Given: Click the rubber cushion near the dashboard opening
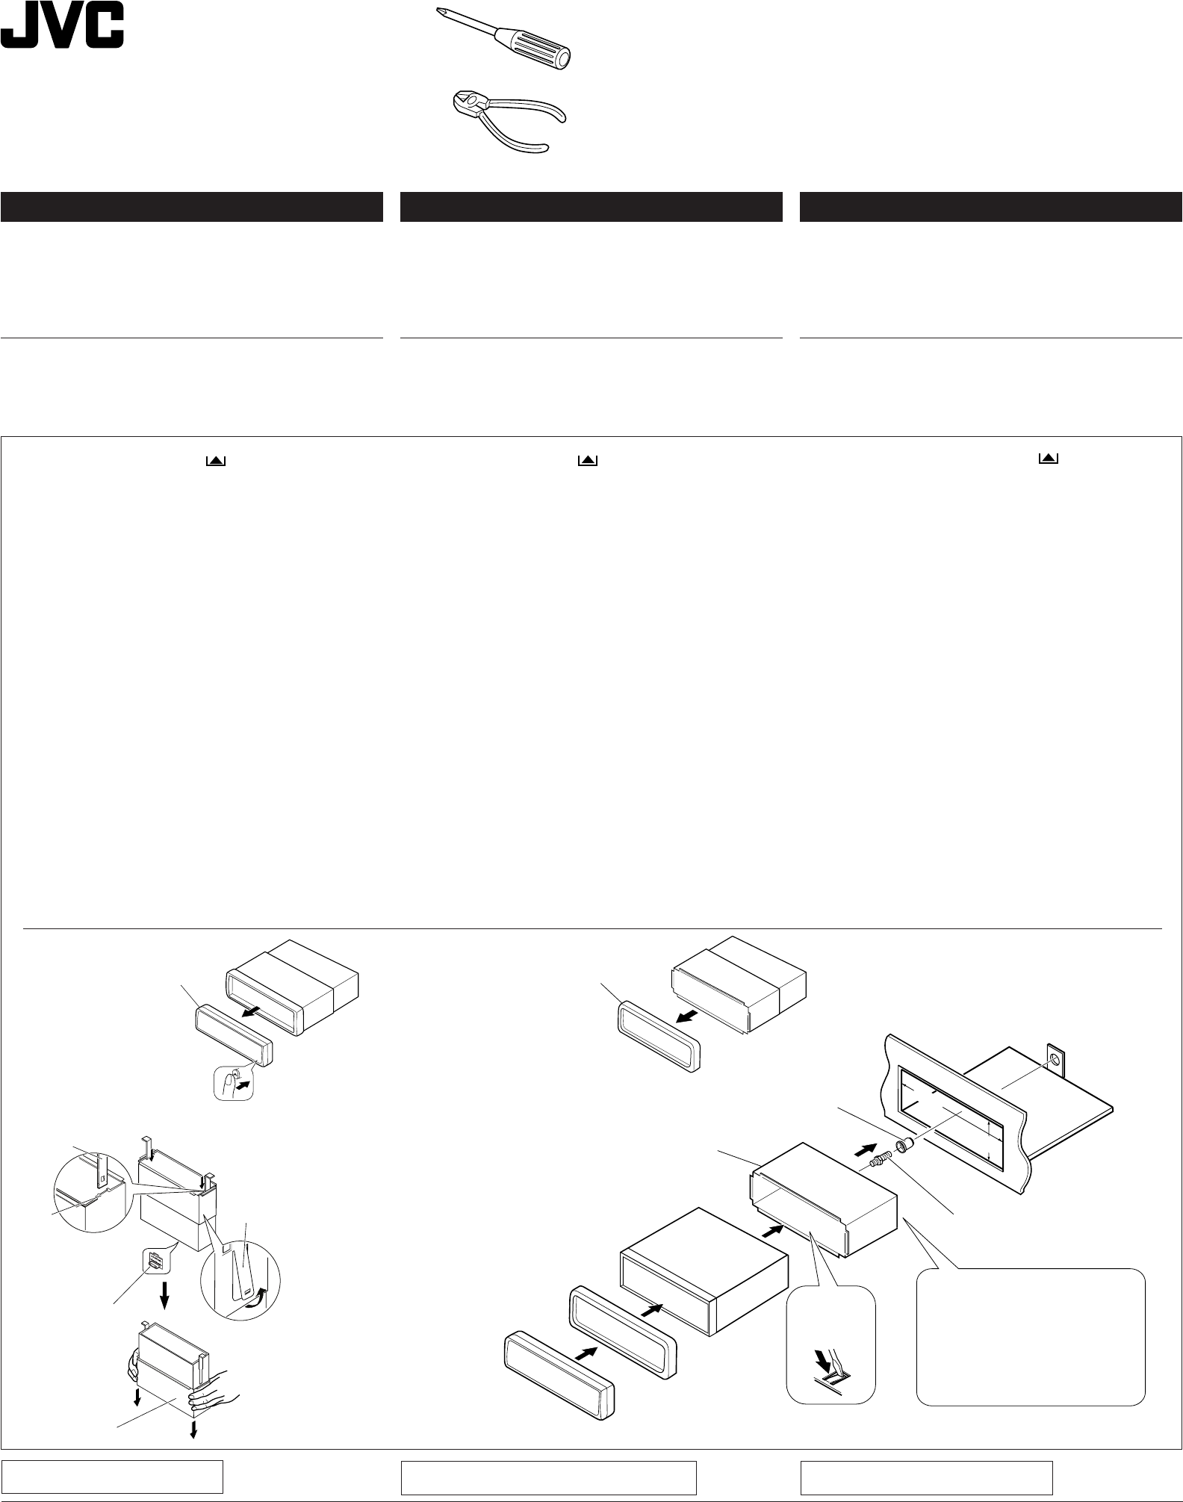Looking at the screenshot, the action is pos(904,1144).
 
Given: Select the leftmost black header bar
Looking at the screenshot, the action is pos(191,207).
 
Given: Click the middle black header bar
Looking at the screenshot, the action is pos(591,207).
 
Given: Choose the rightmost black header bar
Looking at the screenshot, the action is pos(990,207).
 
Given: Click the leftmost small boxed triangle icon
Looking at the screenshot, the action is pos(216,462).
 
